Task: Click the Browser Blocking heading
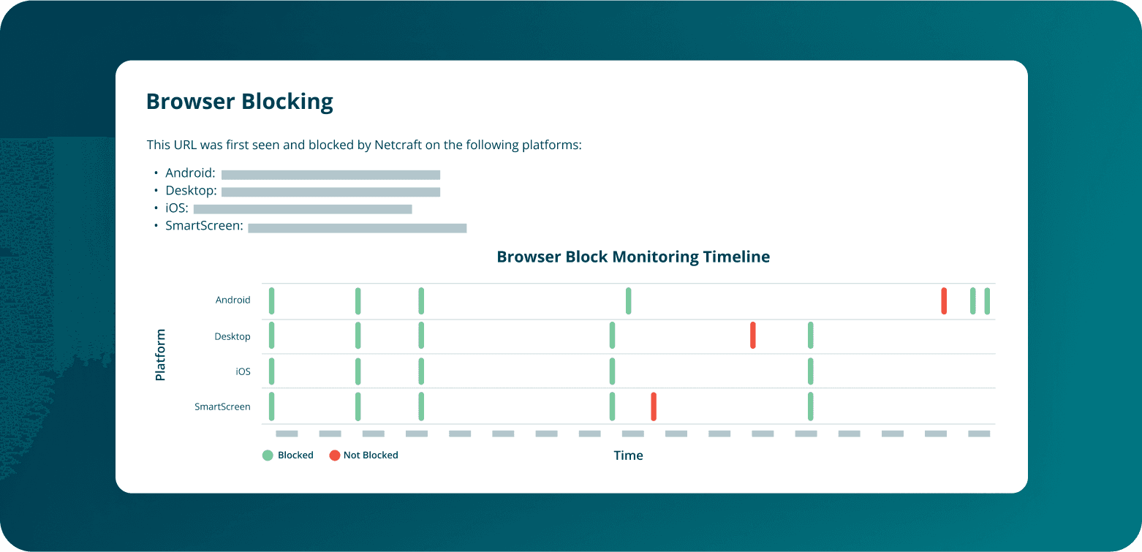(x=240, y=102)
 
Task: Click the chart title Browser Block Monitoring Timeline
(x=632, y=257)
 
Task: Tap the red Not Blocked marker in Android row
(x=944, y=300)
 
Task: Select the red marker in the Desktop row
(x=752, y=335)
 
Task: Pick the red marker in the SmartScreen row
(x=654, y=407)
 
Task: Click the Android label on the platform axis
(x=232, y=300)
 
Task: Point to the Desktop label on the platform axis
(x=232, y=336)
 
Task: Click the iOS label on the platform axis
(x=243, y=371)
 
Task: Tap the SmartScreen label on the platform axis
(x=222, y=407)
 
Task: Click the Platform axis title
(x=160, y=355)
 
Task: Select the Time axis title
(x=628, y=455)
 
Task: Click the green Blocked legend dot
(x=268, y=455)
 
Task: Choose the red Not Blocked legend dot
(x=334, y=455)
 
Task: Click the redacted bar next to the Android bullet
(x=330, y=175)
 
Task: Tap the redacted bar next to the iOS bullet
(x=303, y=209)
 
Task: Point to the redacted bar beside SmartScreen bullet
(x=357, y=228)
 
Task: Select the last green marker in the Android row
(x=987, y=300)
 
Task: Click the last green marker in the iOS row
(x=810, y=371)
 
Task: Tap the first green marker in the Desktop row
(x=271, y=335)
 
